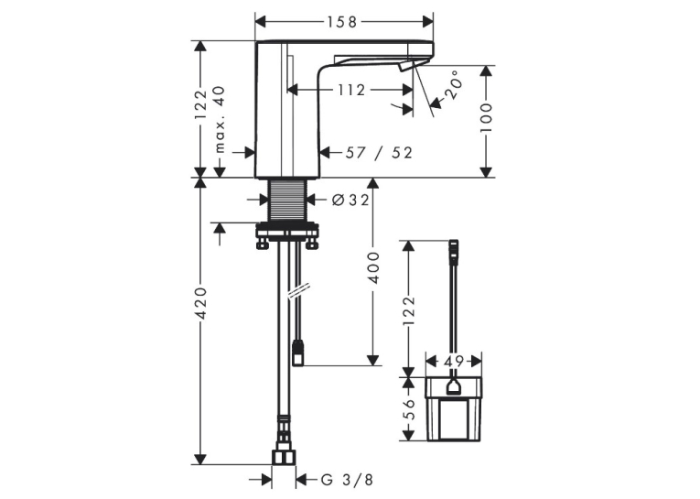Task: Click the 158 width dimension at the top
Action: (x=344, y=21)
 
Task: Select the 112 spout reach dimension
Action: (x=351, y=91)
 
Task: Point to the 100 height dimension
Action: (x=486, y=117)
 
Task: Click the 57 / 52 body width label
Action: (x=379, y=153)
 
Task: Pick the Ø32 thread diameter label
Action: (x=350, y=201)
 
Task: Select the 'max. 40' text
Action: (x=221, y=119)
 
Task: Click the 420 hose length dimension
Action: (x=201, y=303)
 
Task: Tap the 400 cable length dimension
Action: (x=373, y=267)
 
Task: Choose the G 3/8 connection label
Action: (x=347, y=480)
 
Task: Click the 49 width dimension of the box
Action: (x=454, y=361)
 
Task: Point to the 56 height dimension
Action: (x=409, y=409)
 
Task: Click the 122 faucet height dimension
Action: (x=201, y=104)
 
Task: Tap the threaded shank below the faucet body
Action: (x=287, y=201)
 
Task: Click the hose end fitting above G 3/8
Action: (x=284, y=458)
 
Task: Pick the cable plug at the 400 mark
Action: (x=297, y=353)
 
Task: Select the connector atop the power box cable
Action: (x=454, y=253)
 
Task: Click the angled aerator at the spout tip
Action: (x=405, y=67)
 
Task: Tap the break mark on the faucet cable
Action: (x=298, y=292)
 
